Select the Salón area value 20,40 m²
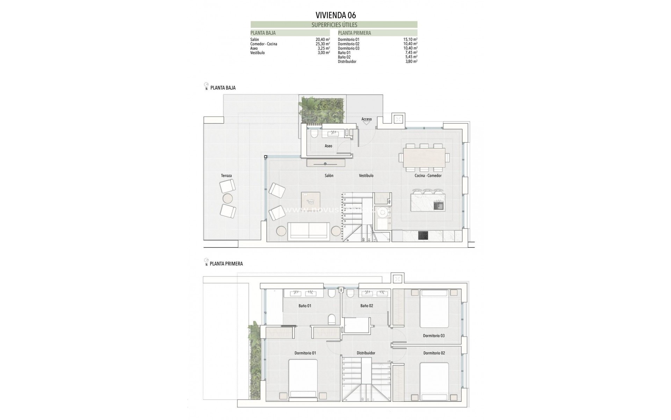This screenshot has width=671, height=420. (323, 40)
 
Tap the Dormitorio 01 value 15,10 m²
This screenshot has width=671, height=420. (410, 40)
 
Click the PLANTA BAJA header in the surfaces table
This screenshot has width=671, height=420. (263, 33)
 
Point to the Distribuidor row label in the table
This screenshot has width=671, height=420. (347, 62)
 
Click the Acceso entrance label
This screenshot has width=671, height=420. (367, 119)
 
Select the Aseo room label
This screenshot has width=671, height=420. (328, 146)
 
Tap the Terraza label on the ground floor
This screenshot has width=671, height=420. (226, 176)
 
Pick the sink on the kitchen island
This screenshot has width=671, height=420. (438, 205)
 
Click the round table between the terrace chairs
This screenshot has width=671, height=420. (228, 198)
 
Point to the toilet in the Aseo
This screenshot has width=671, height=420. (313, 134)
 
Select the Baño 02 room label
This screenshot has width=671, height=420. (367, 306)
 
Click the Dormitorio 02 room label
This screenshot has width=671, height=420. (434, 353)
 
